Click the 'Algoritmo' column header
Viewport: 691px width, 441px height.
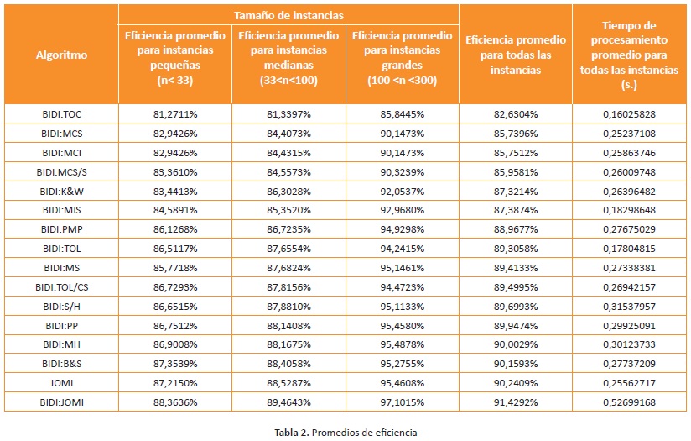[x=60, y=55]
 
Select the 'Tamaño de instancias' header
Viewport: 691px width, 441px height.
[x=288, y=14]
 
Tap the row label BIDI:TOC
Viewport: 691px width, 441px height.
[x=60, y=114]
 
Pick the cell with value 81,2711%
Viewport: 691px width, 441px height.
[x=174, y=114]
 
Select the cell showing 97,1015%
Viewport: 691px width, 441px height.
[x=402, y=402]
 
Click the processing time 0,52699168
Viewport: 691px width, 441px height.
[x=629, y=402]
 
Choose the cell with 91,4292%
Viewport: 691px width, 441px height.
[x=515, y=402]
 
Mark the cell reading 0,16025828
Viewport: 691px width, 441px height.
[x=629, y=114]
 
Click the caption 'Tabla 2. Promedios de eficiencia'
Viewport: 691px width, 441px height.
[x=345, y=432]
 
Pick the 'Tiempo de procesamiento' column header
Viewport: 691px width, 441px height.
[x=629, y=55]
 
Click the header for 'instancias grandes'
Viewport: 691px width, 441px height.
[x=402, y=55]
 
